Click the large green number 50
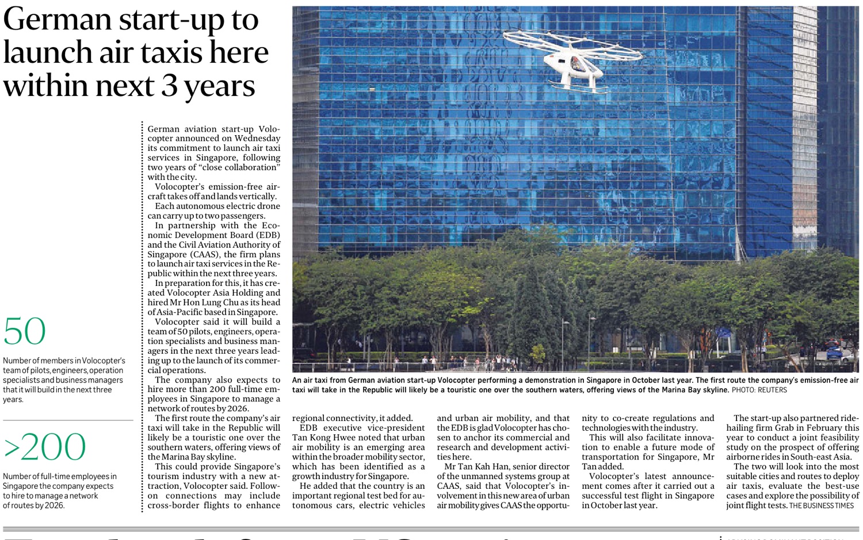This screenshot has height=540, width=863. pyautogui.click(x=24, y=331)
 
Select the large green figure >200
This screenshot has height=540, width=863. pyautogui.click(x=45, y=447)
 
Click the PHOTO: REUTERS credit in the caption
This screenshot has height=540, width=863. pyautogui.click(x=759, y=390)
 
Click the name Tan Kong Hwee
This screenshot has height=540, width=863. pyautogui.click(x=320, y=438)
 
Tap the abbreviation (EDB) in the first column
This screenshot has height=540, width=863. pyautogui.click(x=268, y=235)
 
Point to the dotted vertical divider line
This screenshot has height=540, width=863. pyautogui.click(x=142, y=316)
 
